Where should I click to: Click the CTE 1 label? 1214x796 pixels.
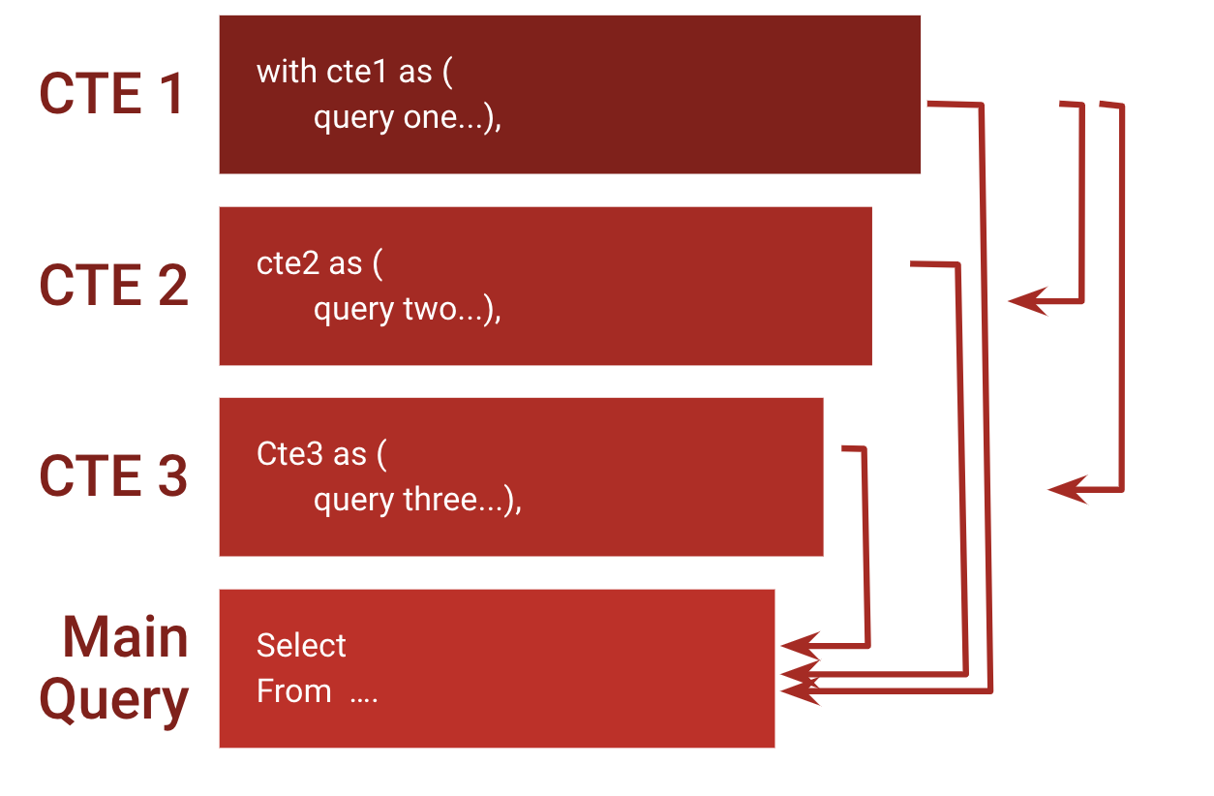click(x=111, y=95)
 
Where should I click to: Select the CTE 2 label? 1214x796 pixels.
click(x=113, y=286)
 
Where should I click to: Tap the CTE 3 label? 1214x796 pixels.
click(x=113, y=476)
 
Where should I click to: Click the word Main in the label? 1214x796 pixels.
click(x=125, y=637)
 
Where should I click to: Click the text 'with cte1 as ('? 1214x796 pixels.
click(x=354, y=72)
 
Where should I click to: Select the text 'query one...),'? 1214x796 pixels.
click(x=407, y=118)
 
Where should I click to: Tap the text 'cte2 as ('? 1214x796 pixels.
click(x=319, y=263)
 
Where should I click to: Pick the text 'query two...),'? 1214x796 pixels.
click(x=407, y=310)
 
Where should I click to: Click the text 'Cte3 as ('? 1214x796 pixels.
click(x=321, y=454)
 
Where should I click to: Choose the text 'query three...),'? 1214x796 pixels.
click(x=417, y=501)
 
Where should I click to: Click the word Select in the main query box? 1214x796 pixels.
click(x=301, y=646)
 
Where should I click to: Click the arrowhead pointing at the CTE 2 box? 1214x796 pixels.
click(x=1026, y=301)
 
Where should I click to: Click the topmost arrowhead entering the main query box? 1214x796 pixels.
click(x=798, y=644)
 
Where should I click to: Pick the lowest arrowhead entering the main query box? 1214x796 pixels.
click(x=798, y=690)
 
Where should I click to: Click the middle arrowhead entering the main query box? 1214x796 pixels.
click(x=798, y=673)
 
